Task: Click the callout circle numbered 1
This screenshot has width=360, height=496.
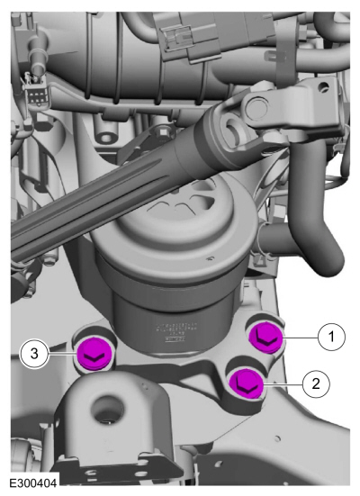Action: pyautogui.click(x=331, y=337)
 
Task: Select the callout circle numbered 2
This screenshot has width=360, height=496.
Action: pyautogui.click(x=316, y=384)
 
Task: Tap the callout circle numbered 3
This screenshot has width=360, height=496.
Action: pyautogui.click(x=34, y=354)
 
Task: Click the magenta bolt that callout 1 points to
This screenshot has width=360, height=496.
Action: pyautogui.click(x=265, y=338)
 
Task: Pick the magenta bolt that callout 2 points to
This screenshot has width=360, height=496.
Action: pyautogui.click(x=247, y=383)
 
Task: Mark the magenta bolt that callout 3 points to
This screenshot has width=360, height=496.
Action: pyautogui.click(x=94, y=354)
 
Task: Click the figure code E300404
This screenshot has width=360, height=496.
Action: pyautogui.click(x=33, y=483)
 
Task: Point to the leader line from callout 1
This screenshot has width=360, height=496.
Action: pyautogui.click(x=301, y=338)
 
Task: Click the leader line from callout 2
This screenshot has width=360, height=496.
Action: pyautogui.click(x=283, y=384)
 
